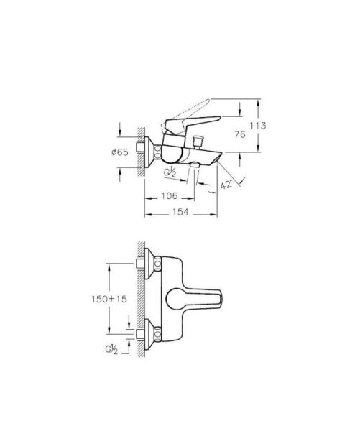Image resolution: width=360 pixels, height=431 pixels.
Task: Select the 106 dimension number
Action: click(x=167, y=196)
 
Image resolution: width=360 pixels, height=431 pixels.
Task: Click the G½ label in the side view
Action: click(x=171, y=173)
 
